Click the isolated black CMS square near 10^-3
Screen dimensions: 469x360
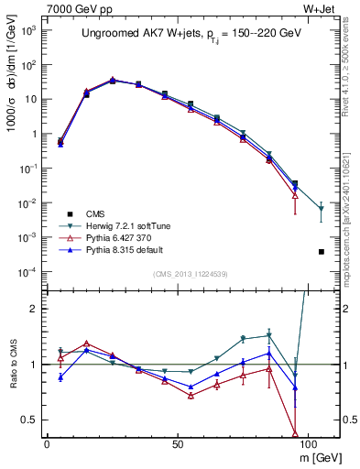pos(321,251)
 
